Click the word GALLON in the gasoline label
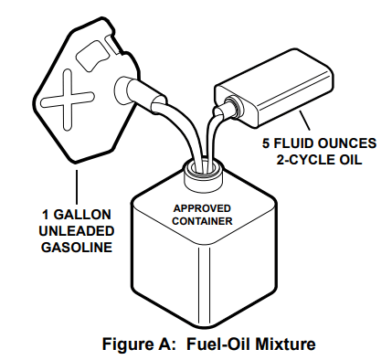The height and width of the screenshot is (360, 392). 82,215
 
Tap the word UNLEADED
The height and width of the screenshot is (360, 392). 77,231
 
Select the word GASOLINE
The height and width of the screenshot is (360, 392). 77,247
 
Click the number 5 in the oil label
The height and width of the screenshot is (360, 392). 266,143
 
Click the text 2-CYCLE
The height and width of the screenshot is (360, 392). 305,160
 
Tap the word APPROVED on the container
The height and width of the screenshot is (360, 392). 202,208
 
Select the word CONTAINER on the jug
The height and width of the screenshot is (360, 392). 202,221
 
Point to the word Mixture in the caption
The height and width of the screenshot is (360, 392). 285,344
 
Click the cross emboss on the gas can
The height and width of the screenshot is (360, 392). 68,100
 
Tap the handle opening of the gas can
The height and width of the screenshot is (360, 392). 92,56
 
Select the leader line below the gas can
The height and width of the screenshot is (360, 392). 77,187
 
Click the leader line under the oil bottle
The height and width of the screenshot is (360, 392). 304,121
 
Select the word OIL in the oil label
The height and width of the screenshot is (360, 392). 350,160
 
